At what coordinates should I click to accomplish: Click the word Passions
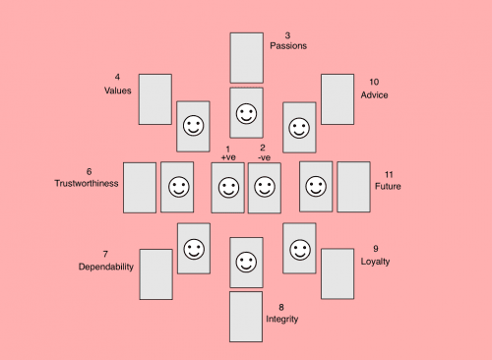288,46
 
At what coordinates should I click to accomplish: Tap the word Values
118,90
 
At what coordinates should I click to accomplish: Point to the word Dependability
105,267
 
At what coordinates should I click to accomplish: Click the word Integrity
281,319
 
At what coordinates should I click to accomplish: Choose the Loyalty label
375,262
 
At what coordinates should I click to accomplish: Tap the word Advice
374,94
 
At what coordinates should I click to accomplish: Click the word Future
388,185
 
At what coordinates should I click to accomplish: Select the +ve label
228,157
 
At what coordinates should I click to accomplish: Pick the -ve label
263,157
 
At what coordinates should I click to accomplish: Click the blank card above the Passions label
246,57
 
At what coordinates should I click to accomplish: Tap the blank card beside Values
154,99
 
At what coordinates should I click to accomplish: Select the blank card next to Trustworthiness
140,187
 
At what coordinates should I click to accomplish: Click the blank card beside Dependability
155,273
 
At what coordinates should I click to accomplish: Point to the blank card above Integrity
246,316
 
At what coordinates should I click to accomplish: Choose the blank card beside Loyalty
337,273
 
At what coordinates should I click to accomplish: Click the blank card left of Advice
337,99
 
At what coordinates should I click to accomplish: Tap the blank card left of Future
353,187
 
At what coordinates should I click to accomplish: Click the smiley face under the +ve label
228,187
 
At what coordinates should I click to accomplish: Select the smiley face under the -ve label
264,187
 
